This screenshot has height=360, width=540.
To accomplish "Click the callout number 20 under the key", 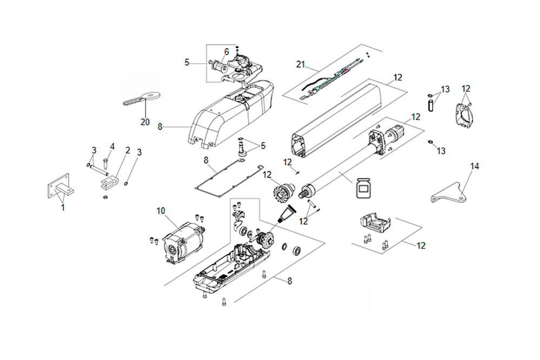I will click(x=144, y=122).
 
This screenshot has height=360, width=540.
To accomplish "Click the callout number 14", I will click(x=475, y=167).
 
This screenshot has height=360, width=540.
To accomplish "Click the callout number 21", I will click(x=301, y=65).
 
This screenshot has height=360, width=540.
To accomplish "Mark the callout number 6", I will click(x=226, y=51).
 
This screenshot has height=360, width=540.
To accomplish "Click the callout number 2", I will click(x=128, y=150).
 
